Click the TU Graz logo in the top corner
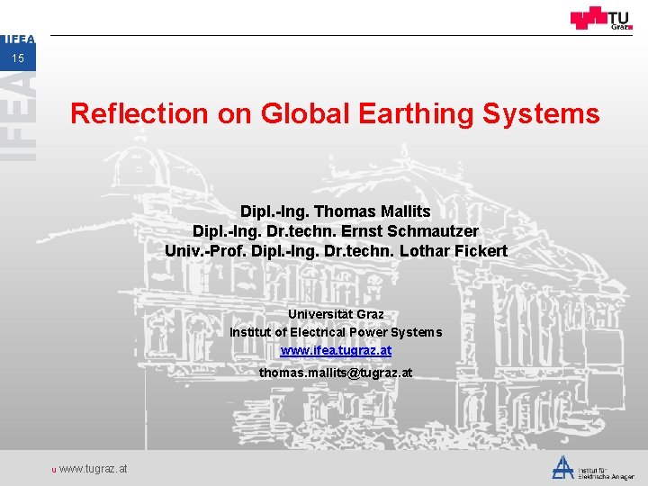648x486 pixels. pyautogui.click(x=600, y=19)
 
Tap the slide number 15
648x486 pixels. pyautogui.click(x=18, y=58)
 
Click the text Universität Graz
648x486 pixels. pyautogui.click(x=336, y=314)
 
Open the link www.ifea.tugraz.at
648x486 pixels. pyautogui.click(x=336, y=350)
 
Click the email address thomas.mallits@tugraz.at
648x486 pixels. pyautogui.click(x=336, y=372)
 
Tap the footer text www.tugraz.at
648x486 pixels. pyautogui.click(x=93, y=469)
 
